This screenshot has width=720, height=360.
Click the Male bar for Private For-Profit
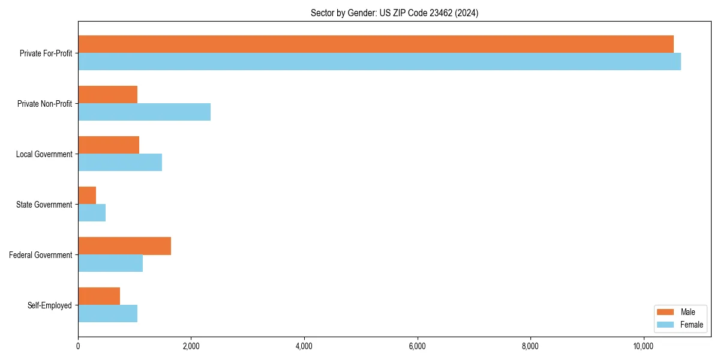point(376,44)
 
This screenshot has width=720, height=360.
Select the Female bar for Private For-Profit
point(379,62)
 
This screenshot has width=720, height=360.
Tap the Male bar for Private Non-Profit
point(108,95)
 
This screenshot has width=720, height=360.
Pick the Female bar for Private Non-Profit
point(144,112)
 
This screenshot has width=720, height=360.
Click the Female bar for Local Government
point(120,163)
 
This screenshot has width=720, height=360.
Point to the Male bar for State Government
point(87,196)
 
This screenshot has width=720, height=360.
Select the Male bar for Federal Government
point(124,246)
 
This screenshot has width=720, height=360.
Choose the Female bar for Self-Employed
point(108,314)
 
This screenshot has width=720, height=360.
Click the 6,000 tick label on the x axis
point(417,346)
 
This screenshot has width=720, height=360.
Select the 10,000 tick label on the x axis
point(643,346)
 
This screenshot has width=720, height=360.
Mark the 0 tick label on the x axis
point(78,346)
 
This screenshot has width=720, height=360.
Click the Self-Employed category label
point(50,305)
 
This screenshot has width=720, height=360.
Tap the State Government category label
point(44,205)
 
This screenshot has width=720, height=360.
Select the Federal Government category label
point(41,255)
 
